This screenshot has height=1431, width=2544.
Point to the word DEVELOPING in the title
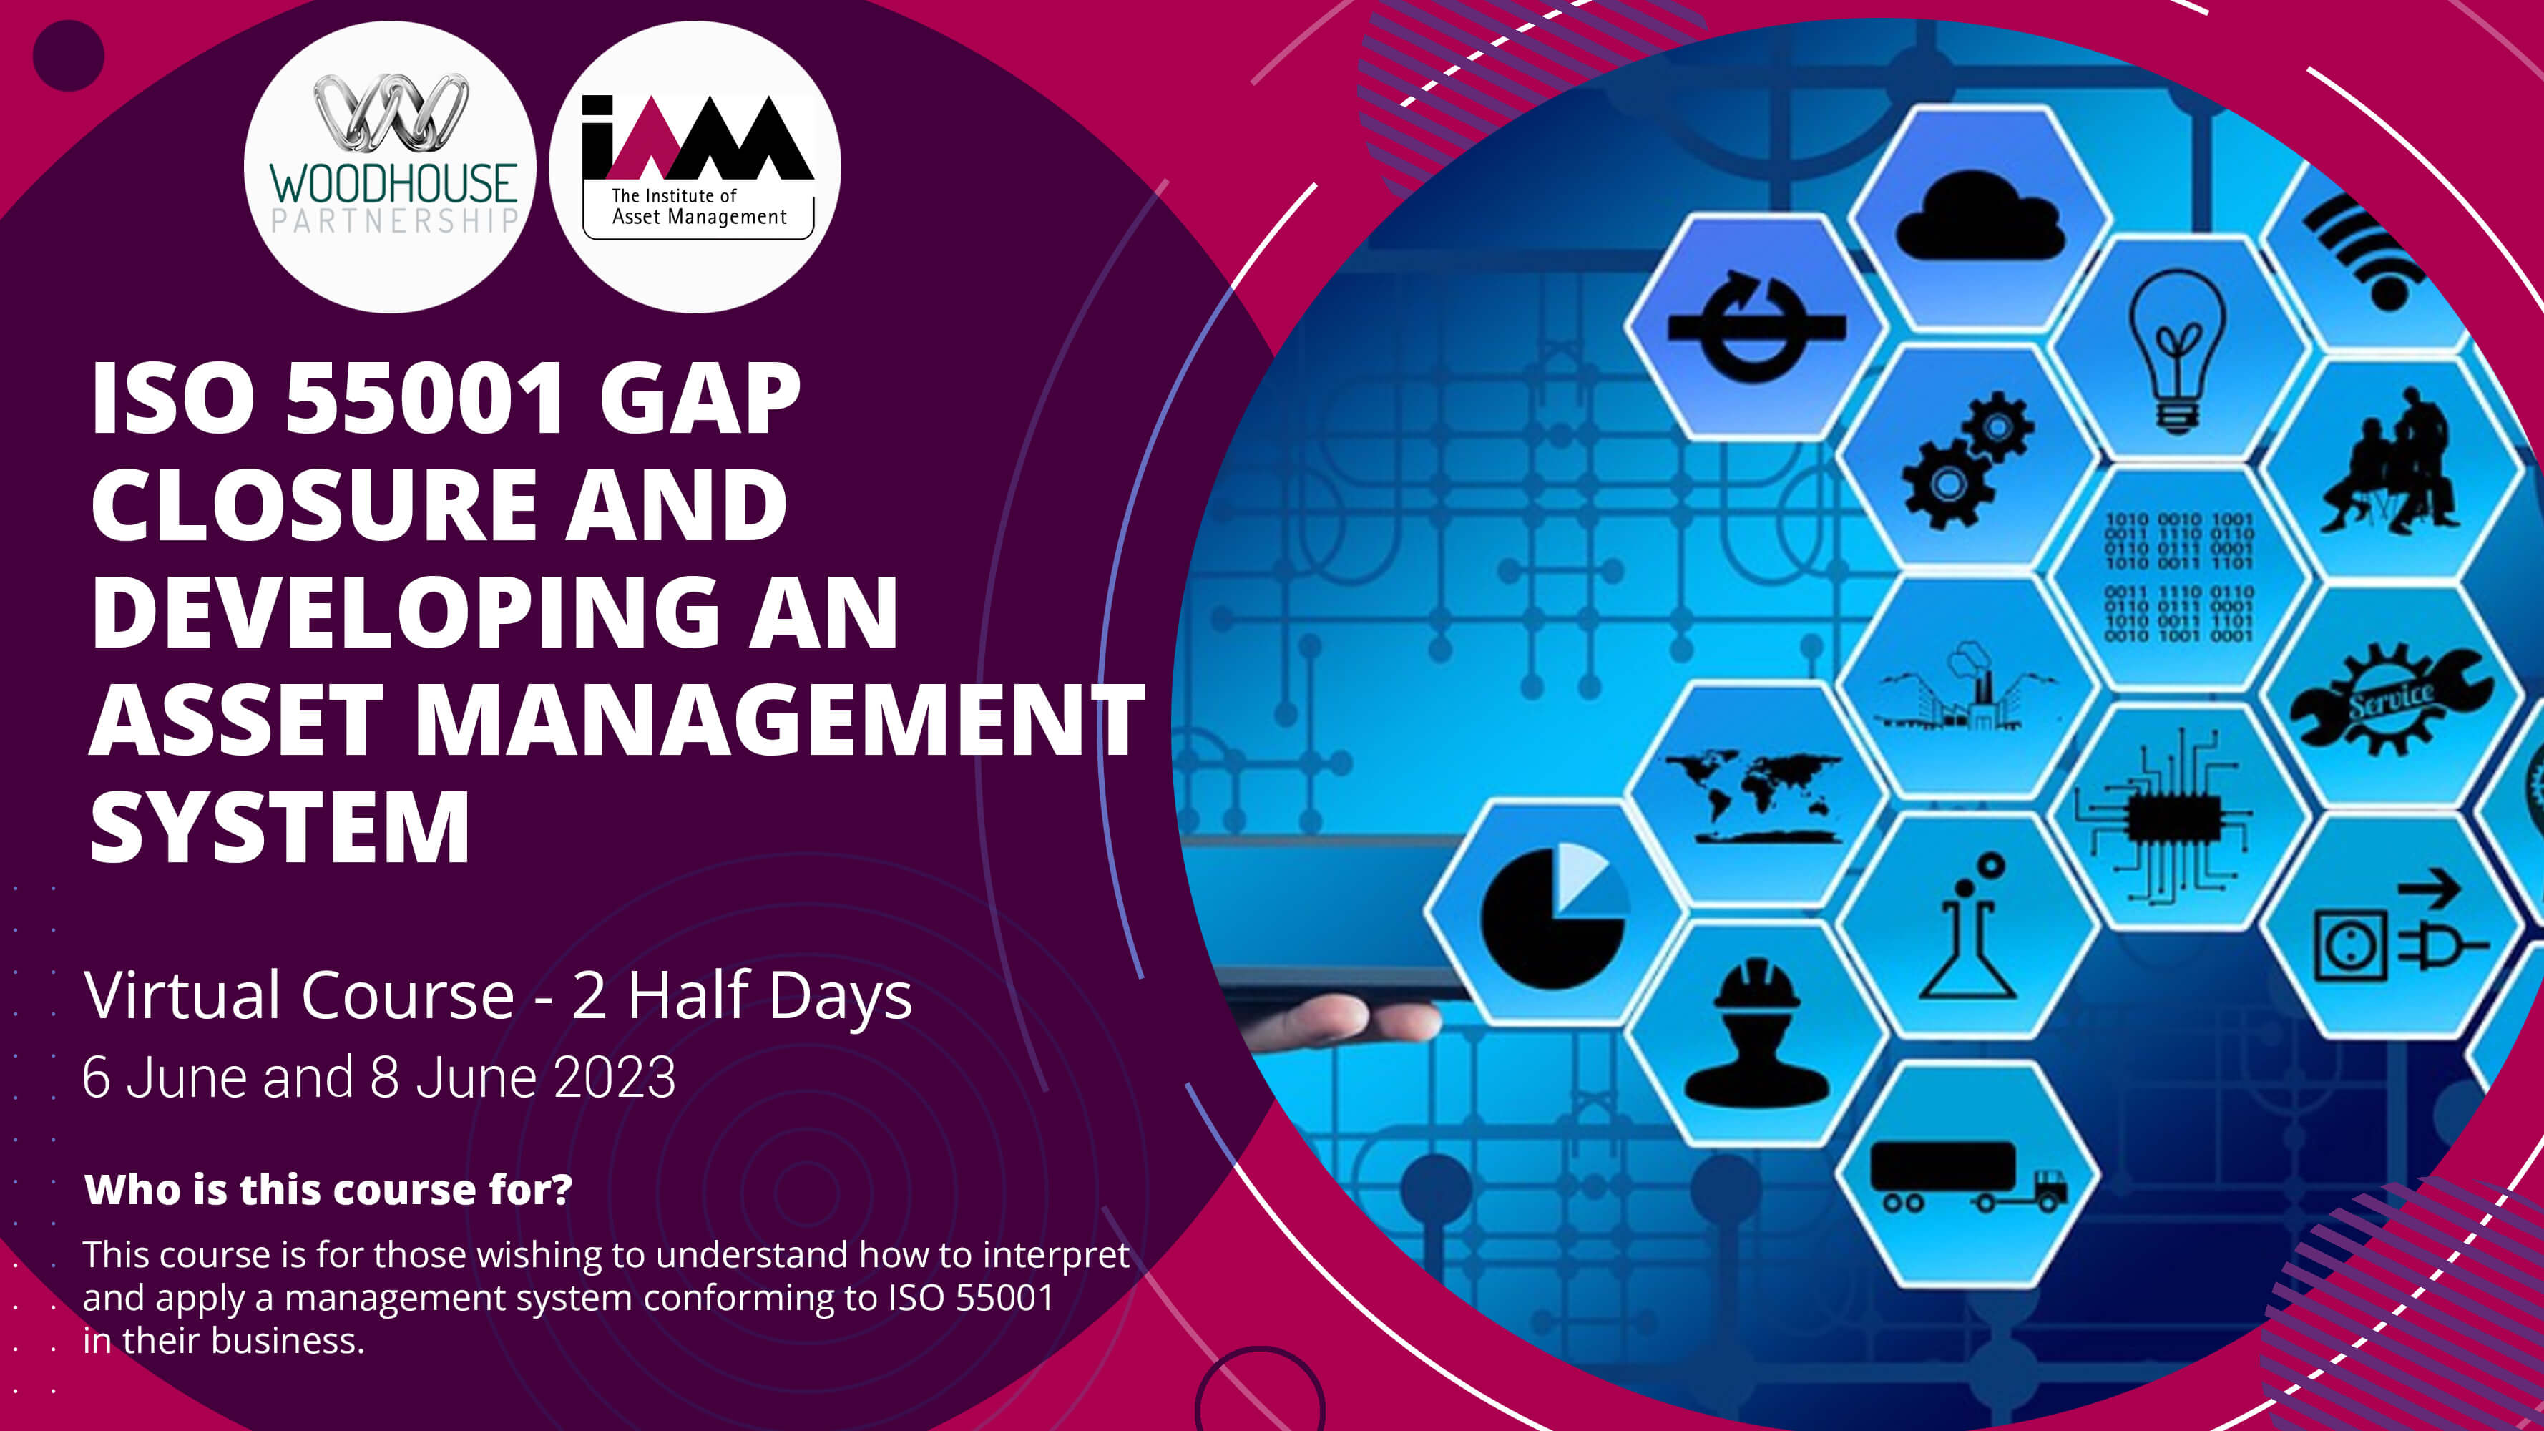click(406, 612)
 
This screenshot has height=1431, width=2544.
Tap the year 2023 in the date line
click(615, 1078)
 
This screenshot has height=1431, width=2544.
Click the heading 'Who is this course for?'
click(329, 1190)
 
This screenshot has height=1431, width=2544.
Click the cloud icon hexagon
click(1979, 218)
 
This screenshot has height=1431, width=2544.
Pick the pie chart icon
click(1553, 916)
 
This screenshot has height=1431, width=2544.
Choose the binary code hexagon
click(2178, 577)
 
